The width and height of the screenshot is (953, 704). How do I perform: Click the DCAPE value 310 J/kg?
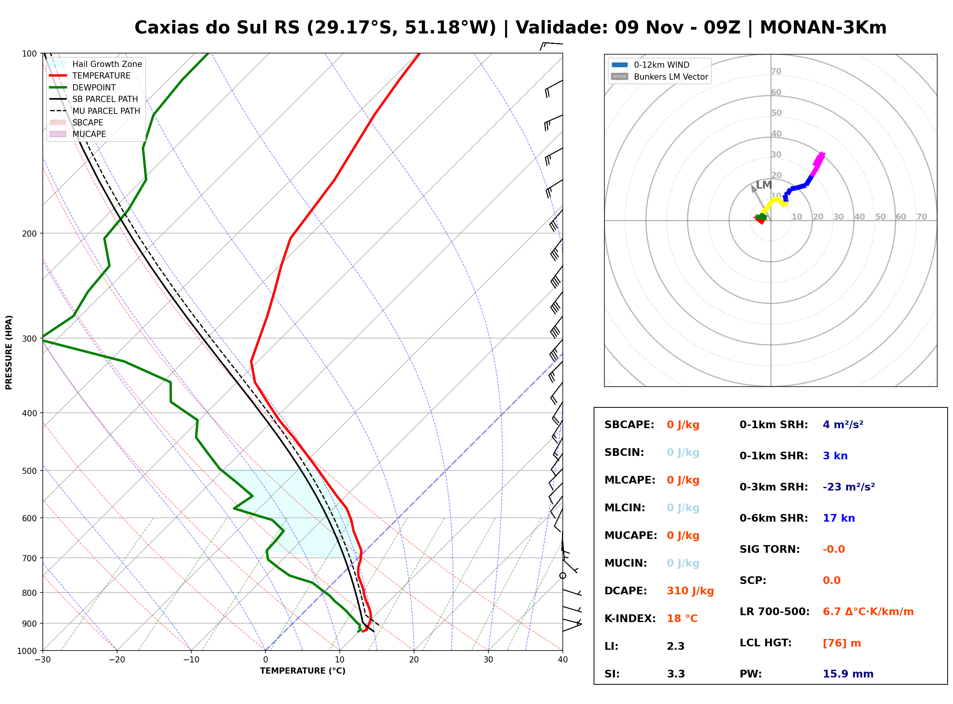click(x=690, y=591)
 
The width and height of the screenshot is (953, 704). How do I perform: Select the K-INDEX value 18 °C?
click(x=682, y=619)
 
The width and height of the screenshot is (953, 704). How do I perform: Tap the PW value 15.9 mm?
click(x=848, y=674)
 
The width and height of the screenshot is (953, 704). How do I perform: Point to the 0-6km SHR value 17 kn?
click(x=839, y=518)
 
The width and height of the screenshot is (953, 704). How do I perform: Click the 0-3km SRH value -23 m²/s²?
click(x=849, y=487)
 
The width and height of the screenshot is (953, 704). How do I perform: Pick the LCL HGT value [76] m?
click(x=842, y=643)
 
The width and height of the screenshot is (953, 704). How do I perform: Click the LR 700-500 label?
click(x=774, y=612)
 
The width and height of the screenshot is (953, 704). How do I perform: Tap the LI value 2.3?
click(x=676, y=646)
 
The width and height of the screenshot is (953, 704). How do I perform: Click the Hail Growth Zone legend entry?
click(x=96, y=64)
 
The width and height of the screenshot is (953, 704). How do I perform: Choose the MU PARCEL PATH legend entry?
click(x=95, y=111)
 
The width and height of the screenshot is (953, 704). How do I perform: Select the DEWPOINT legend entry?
click(x=83, y=87)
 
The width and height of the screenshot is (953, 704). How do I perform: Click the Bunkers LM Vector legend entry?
click(x=659, y=77)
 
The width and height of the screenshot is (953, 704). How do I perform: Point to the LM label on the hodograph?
click(x=763, y=185)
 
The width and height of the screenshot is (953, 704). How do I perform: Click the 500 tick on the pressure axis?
click(x=29, y=471)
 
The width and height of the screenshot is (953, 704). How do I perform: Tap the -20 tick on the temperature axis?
click(x=117, y=660)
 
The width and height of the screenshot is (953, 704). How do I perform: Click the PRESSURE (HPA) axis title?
click(x=9, y=352)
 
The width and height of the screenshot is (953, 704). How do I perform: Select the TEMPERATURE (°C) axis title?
click(x=303, y=671)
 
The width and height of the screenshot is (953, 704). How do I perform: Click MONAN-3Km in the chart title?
click(x=823, y=28)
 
